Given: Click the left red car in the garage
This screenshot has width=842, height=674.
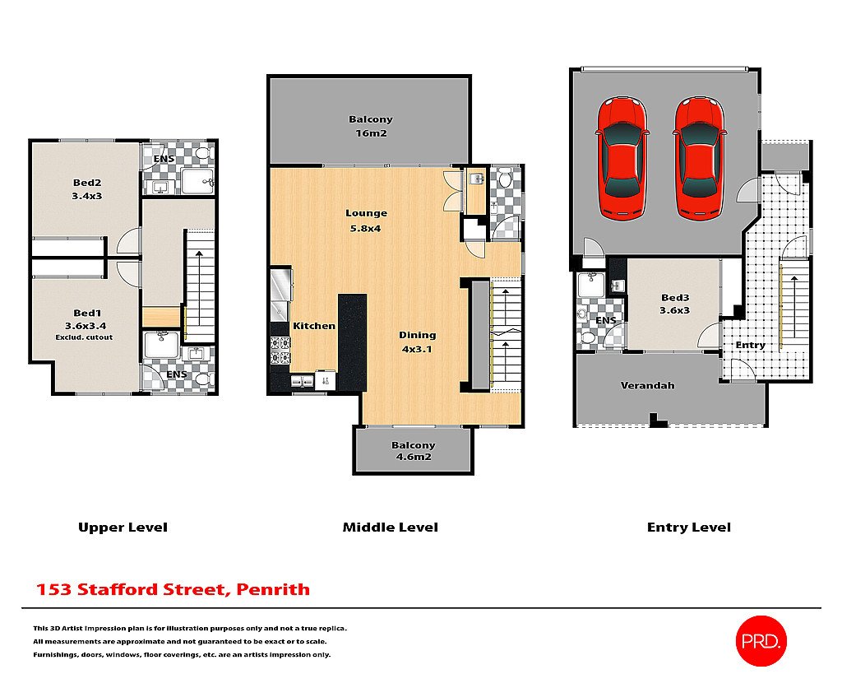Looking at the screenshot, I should [622, 158].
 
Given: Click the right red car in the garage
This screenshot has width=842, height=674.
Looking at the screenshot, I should [699, 158].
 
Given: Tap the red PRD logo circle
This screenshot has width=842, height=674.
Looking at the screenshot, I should [761, 639].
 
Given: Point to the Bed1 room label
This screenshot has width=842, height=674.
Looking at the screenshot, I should [86, 319].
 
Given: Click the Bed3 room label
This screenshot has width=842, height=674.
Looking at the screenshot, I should [675, 304].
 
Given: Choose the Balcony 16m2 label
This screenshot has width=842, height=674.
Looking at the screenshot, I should [370, 126].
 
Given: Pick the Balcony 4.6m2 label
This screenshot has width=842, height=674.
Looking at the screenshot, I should [413, 451].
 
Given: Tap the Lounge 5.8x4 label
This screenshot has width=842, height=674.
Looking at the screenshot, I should [366, 220].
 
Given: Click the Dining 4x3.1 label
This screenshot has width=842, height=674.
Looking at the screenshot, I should [417, 342].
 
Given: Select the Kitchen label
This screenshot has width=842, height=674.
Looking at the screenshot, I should [314, 326].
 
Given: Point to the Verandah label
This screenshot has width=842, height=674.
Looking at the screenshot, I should [647, 385].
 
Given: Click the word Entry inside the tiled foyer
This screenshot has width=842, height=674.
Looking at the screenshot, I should [750, 345].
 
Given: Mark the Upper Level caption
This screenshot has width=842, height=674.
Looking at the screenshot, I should [123, 527].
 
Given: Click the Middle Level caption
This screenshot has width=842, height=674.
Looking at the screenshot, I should [390, 527].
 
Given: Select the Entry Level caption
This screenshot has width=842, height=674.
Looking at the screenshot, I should [688, 527].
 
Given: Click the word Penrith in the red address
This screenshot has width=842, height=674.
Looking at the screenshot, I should [273, 589].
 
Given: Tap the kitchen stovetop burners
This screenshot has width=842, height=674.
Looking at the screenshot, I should [280, 350].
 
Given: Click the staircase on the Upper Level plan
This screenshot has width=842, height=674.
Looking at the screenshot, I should [200, 284].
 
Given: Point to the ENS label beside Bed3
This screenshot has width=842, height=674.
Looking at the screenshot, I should [605, 320].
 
